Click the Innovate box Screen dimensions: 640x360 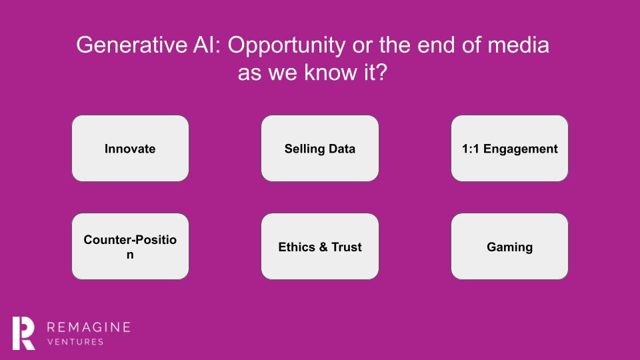(x=130, y=148)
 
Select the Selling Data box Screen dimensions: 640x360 (x=320, y=148)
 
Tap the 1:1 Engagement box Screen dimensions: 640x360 (x=509, y=148)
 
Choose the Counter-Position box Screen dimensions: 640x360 (x=130, y=246)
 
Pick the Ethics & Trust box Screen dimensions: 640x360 (x=320, y=246)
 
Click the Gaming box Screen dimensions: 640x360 (x=509, y=246)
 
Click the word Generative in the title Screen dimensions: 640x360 (x=132, y=45)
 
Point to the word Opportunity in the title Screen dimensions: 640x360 (x=287, y=46)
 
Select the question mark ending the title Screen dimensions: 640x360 (x=381, y=73)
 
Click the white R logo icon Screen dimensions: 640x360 (x=24, y=333)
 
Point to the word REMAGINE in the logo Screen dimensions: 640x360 (x=89, y=327)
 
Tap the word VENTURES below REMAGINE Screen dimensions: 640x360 (x=75, y=342)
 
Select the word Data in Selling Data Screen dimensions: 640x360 (x=342, y=149)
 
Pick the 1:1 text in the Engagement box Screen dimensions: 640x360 (x=471, y=149)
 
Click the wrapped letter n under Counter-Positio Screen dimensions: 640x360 (x=130, y=255)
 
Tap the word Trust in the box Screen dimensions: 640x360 (x=347, y=247)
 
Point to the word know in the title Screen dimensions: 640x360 (x=330, y=73)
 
